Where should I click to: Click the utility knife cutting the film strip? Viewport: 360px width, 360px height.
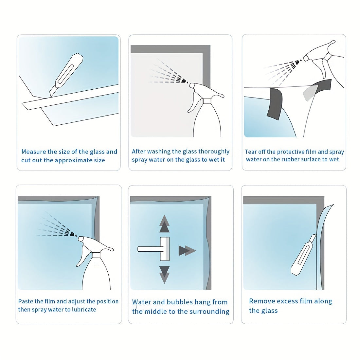[66, 74]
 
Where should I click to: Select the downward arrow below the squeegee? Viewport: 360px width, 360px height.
[164, 275]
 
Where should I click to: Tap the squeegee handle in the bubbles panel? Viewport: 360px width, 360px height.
[149, 249]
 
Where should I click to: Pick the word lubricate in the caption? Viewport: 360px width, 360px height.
[84, 310]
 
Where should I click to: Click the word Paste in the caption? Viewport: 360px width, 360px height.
[25, 301]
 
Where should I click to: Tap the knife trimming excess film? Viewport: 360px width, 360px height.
[303, 255]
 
